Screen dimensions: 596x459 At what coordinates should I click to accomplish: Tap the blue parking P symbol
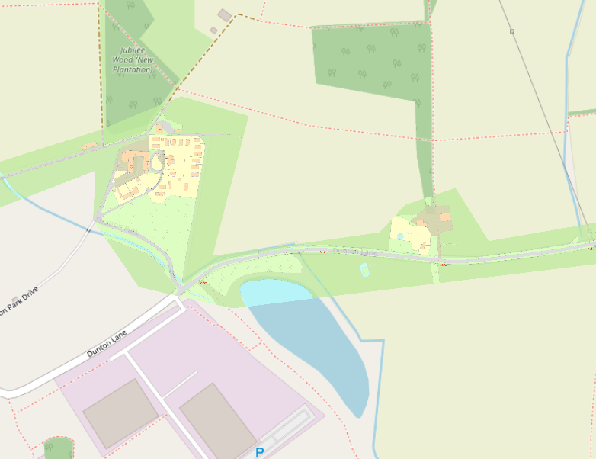click(x=259, y=452)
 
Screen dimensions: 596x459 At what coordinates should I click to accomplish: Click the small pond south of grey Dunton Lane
click(x=364, y=269)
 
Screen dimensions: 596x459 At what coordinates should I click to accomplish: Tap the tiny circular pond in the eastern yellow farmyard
click(x=401, y=237)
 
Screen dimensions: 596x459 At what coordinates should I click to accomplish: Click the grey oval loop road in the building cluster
click(x=159, y=162)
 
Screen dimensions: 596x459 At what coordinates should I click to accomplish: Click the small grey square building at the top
click(x=224, y=14)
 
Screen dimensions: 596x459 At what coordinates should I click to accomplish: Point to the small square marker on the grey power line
click(x=512, y=31)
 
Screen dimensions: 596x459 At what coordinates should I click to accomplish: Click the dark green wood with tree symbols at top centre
click(x=371, y=63)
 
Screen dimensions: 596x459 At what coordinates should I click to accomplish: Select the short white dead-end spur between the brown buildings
click(x=180, y=384)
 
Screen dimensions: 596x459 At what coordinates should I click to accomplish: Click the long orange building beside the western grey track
click(x=89, y=145)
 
